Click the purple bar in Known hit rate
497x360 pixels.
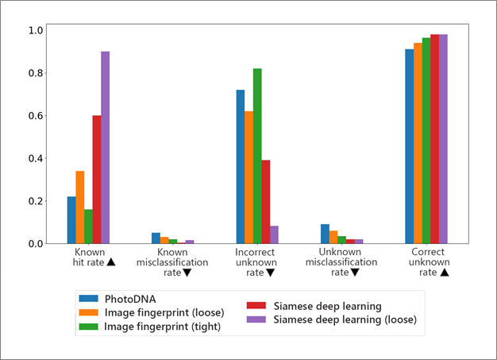105,148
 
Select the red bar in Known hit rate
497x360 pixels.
97,180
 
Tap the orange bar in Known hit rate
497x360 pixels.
79,207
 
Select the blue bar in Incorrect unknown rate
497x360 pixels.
240,167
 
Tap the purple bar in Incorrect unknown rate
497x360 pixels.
275,234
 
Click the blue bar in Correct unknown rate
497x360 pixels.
410,147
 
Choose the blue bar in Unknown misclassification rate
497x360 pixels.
325,234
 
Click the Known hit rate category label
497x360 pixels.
88,257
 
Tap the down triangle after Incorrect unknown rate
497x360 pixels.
270,272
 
